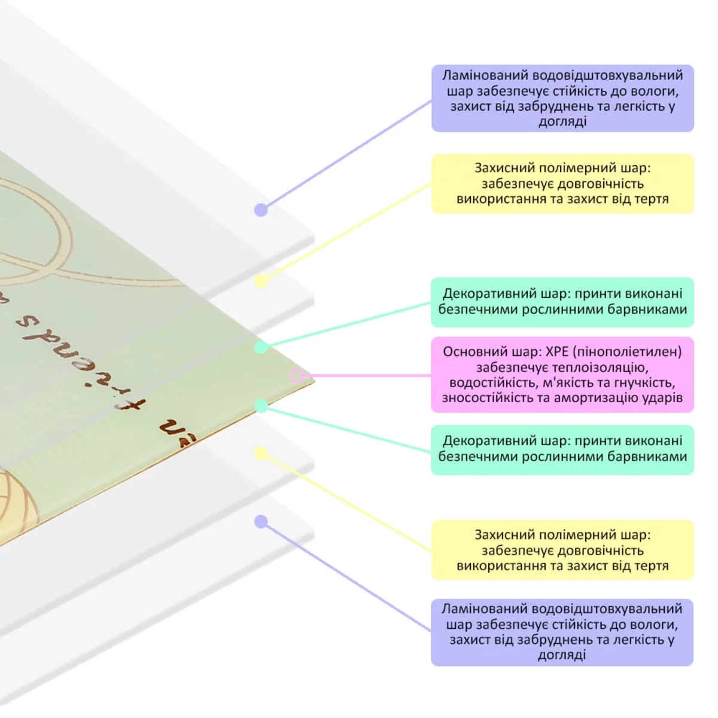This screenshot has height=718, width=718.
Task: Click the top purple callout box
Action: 562,98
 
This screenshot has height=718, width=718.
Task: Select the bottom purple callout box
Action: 562,632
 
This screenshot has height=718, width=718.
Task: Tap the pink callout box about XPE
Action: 562,375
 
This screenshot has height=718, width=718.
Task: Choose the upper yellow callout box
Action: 562,184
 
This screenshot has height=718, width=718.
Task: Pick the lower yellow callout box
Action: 562,550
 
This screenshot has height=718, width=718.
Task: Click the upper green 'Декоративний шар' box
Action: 562,302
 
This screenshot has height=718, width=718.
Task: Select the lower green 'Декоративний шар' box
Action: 562,449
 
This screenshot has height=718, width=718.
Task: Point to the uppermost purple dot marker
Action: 261,210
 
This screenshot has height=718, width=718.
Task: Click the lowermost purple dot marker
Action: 261,522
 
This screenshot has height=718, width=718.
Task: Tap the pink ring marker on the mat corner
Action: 297,376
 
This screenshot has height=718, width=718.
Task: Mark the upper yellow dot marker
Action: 261,281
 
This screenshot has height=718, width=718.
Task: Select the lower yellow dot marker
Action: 261,454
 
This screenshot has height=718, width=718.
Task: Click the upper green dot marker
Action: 261,347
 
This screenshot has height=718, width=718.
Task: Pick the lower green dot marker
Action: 261,406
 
